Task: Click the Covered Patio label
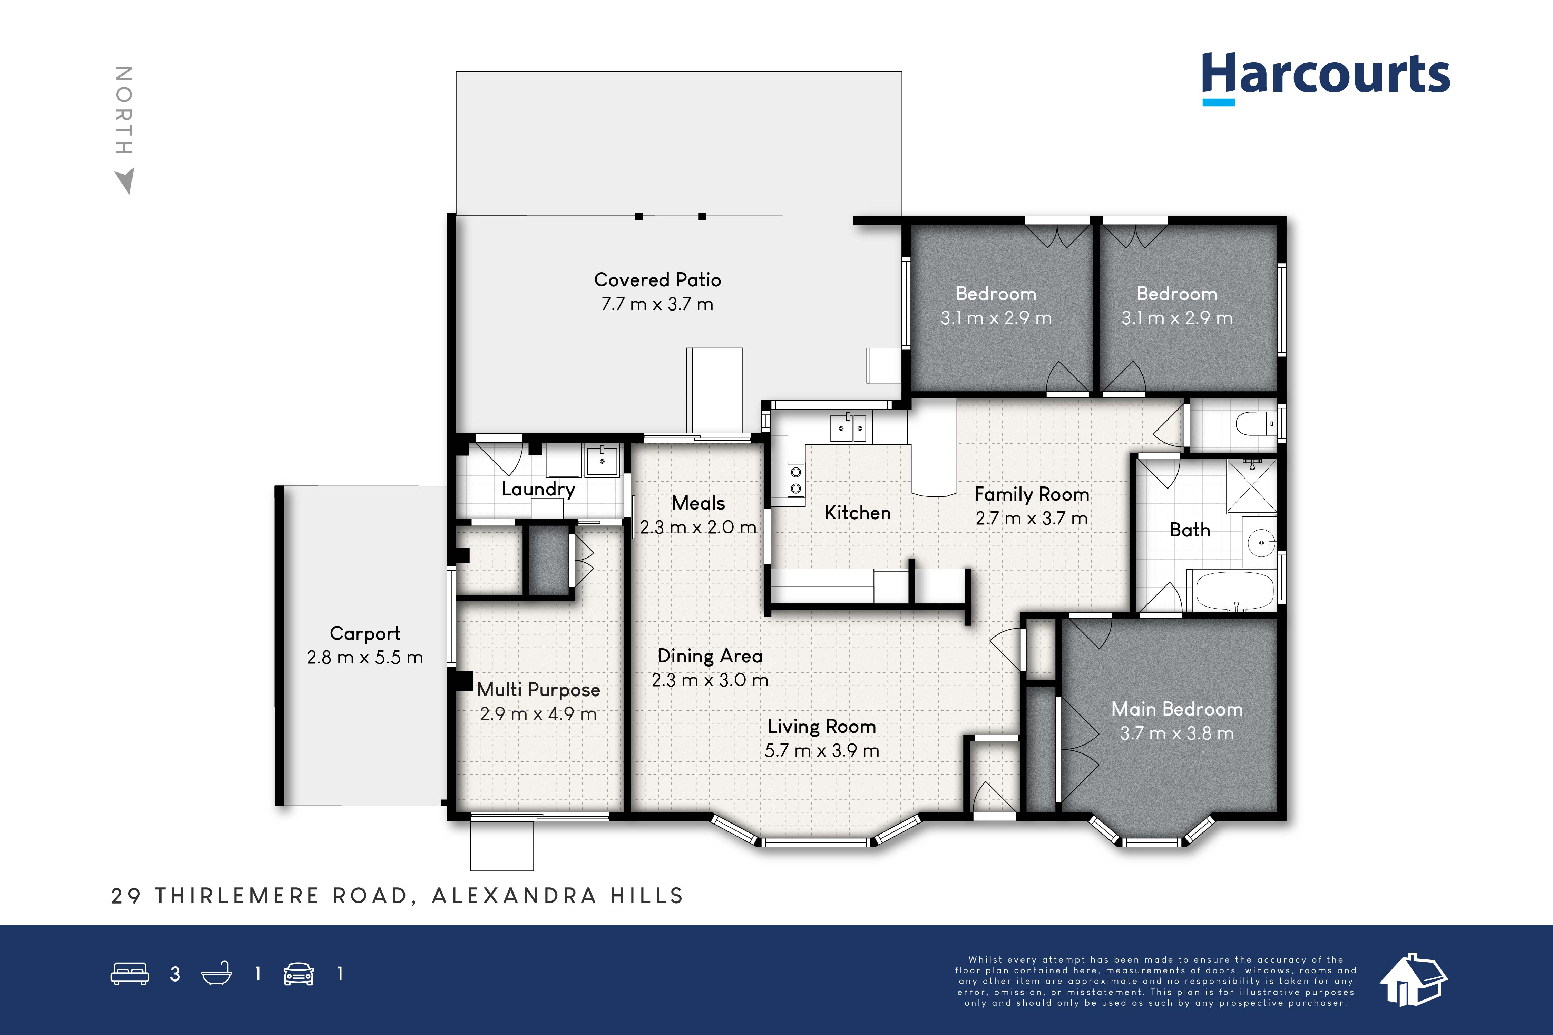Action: (x=658, y=280)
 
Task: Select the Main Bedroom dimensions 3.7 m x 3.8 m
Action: (x=1176, y=733)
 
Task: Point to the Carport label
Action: (x=365, y=634)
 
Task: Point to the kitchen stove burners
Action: (x=795, y=480)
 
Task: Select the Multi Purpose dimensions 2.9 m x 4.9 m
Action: (x=538, y=714)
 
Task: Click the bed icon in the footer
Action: (x=130, y=974)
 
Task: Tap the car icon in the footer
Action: (x=299, y=974)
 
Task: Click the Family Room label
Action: (x=1032, y=494)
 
